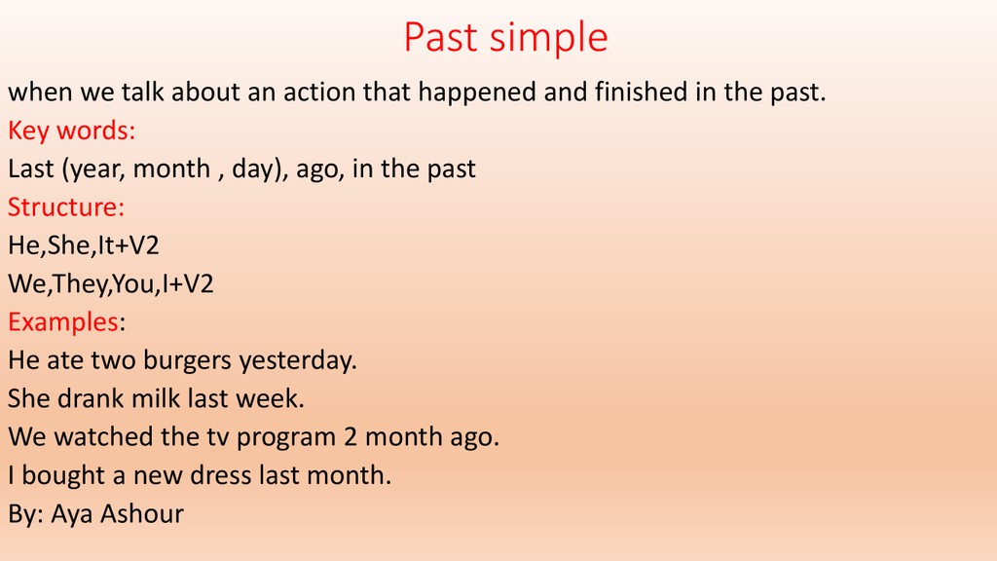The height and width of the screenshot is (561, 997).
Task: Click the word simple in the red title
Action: [549, 39]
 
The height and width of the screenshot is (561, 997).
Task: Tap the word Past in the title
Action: [441, 37]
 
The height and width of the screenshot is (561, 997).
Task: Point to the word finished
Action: [641, 92]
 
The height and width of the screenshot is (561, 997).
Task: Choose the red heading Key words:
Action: [71, 131]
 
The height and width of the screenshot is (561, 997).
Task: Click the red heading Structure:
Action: [66, 207]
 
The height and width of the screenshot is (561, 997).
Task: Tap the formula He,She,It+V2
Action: [84, 245]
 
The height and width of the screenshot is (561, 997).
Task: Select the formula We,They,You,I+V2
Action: [111, 283]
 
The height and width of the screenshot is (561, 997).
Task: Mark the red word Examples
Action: [63, 322]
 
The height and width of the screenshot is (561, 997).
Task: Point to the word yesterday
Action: [298, 361]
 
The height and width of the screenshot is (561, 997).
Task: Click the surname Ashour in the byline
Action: [142, 514]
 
